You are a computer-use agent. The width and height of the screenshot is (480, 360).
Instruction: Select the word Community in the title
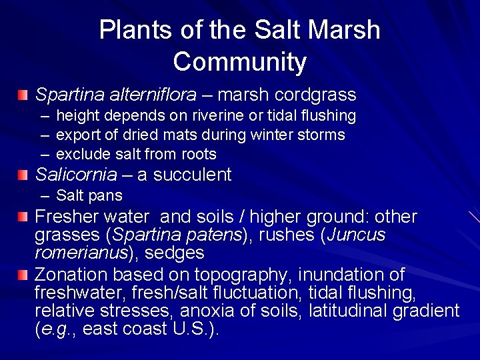click(x=239, y=62)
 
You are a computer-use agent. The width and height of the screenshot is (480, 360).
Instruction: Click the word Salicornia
click(x=75, y=175)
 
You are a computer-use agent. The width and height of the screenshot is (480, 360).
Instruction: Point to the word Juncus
click(x=359, y=235)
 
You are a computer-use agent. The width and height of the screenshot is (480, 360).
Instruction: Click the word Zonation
click(x=71, y=274)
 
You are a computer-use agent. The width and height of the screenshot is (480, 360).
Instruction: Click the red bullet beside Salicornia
click(x=24, y=175)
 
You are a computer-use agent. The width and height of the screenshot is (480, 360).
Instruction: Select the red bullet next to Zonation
click(x=24, y=275)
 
